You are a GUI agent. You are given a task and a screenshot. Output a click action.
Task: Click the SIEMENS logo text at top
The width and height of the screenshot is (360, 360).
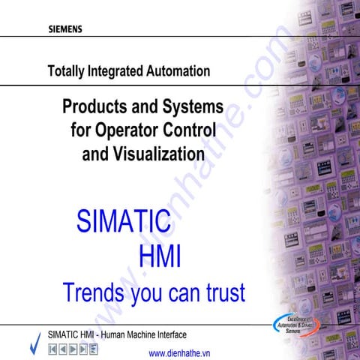(65, 31)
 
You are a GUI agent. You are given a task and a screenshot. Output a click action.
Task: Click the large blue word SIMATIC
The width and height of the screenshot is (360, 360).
(124, 222)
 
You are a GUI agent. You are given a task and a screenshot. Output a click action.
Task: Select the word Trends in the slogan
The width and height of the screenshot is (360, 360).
(93, 291)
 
